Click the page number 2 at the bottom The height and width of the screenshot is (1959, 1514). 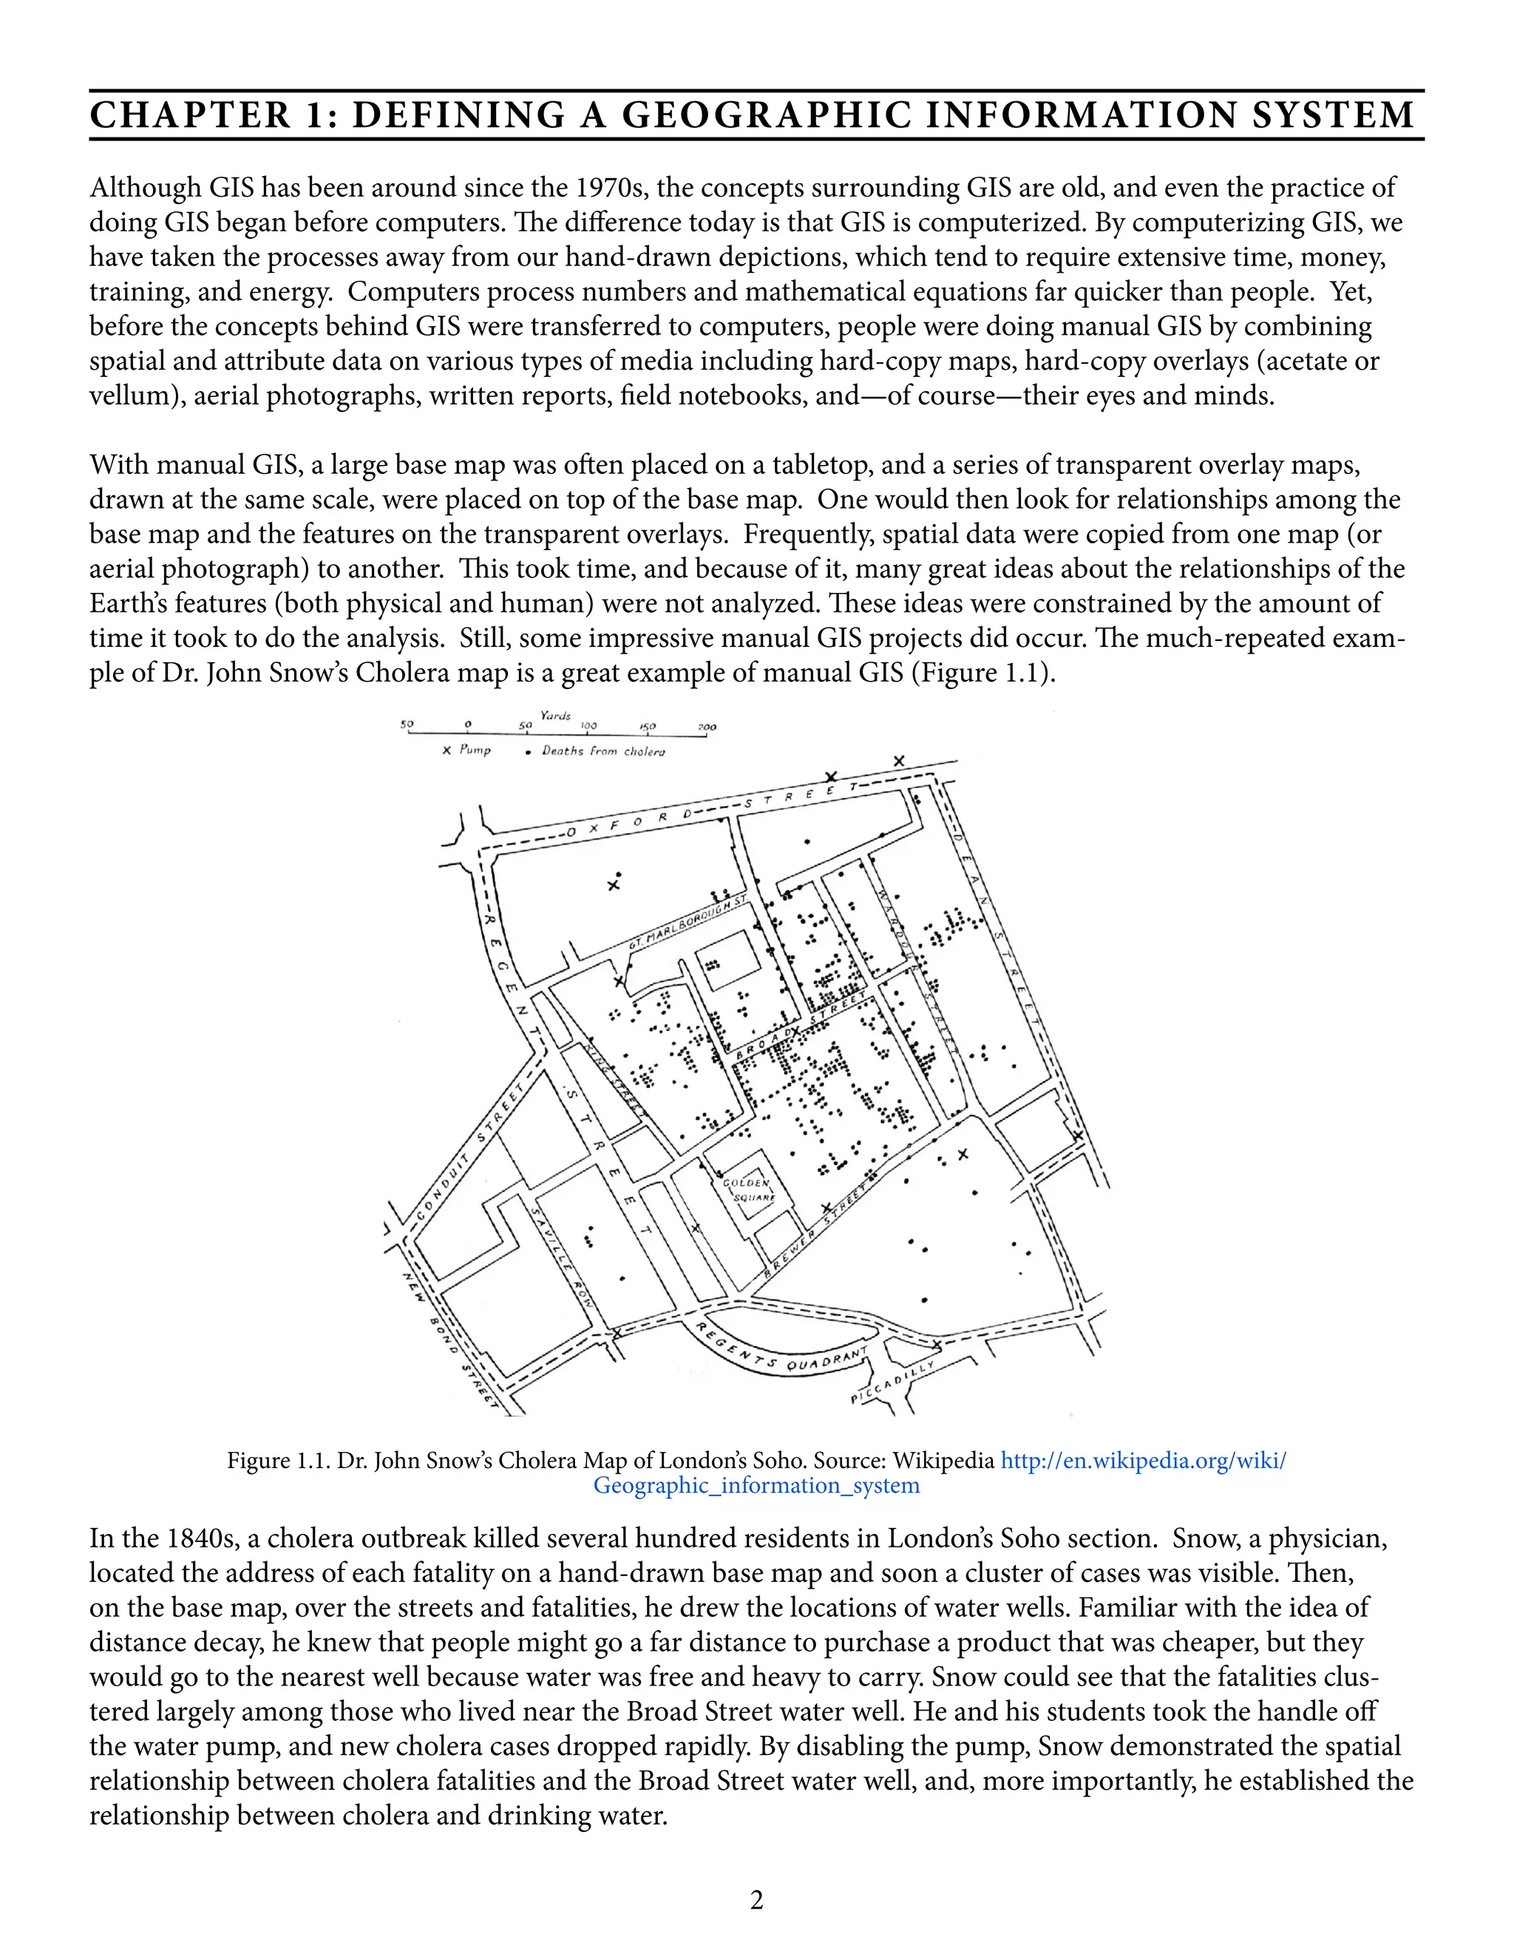[x=756, y=1900]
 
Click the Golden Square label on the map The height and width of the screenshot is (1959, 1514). [x=749, y=1190]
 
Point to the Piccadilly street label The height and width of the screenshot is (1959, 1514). [x=892, y=1382]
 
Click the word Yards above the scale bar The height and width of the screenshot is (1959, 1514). [x=555, y=716]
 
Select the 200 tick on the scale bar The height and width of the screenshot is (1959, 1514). [x=706, y=727]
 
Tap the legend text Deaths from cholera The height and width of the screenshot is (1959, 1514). [x=602, y=751]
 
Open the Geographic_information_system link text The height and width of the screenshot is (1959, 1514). [x=756, y=1485]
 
